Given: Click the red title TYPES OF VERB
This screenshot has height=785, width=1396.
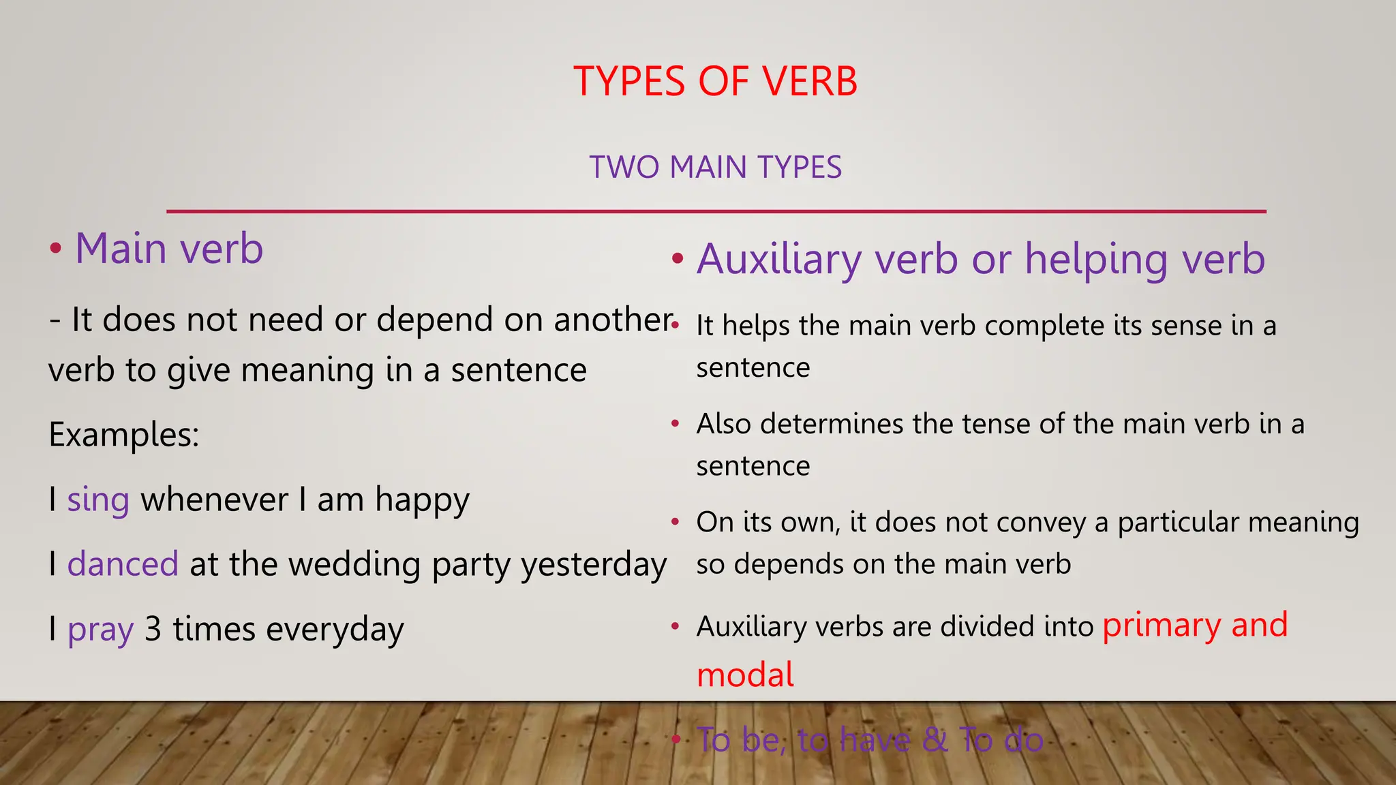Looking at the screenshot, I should click(715, 82).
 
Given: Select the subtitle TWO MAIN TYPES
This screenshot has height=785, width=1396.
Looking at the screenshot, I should click(715, 168).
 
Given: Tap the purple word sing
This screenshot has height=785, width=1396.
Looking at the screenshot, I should click(98, 501).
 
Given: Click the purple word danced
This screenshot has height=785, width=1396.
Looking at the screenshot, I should click(123, 565).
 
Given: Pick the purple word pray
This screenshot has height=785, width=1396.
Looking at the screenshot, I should click(100, 630).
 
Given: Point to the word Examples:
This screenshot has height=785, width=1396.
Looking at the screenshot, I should click(124, 435).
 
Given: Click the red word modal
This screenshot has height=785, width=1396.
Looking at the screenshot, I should click(745, 675).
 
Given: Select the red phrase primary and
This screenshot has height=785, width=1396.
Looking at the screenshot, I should click(1195, 625).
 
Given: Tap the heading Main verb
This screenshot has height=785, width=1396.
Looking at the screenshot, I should click(168, 248).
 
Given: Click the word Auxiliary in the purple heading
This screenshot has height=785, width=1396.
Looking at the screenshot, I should click(780, 260).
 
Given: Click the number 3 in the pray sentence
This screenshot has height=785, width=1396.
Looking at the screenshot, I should click(153, 629).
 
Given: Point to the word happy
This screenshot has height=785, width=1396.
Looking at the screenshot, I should click(422, 501).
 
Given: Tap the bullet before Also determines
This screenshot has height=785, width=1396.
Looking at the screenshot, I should click(675, 424).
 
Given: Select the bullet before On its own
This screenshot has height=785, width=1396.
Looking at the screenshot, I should click(675, 522).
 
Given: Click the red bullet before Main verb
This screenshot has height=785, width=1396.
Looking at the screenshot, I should click(56, 249).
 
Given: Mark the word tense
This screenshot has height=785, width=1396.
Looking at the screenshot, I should click(997, 425).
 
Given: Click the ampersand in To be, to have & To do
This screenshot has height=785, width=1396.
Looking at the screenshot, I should click(934, 740).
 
